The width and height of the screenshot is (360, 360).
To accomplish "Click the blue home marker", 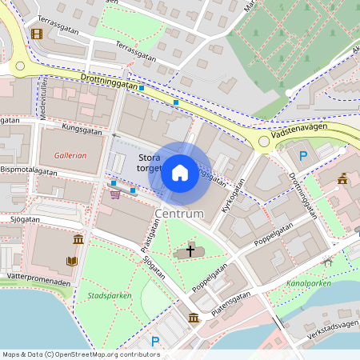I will coord(180,172).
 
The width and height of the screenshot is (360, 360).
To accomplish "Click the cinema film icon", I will coord(36,34).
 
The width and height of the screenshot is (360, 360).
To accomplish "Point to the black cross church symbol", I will coord(190,251).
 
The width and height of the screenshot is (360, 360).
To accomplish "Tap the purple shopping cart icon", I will coord(115,193).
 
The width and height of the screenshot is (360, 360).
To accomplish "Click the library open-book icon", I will coord(71,261).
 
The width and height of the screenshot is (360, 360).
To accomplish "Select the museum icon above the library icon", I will coord(78,240).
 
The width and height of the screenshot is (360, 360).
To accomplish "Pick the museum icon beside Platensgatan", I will coord(194,318).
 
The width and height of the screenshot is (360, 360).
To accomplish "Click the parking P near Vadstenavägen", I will coord(303,156).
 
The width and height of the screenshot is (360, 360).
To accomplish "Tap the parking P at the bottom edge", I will coord(155,342).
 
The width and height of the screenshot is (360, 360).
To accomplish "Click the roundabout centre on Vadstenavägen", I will coord(263,142).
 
